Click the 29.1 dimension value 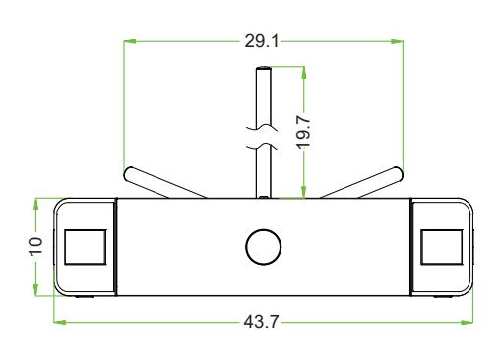coord(262,41)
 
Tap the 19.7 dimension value coord(303,132)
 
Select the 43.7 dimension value coord(261,322)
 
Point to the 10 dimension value coord(35,245)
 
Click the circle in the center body coord(263,247)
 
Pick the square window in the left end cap coord(86,247)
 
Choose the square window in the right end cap coord(442,247)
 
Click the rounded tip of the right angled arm coord(398,174)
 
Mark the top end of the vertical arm coord(264,68)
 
